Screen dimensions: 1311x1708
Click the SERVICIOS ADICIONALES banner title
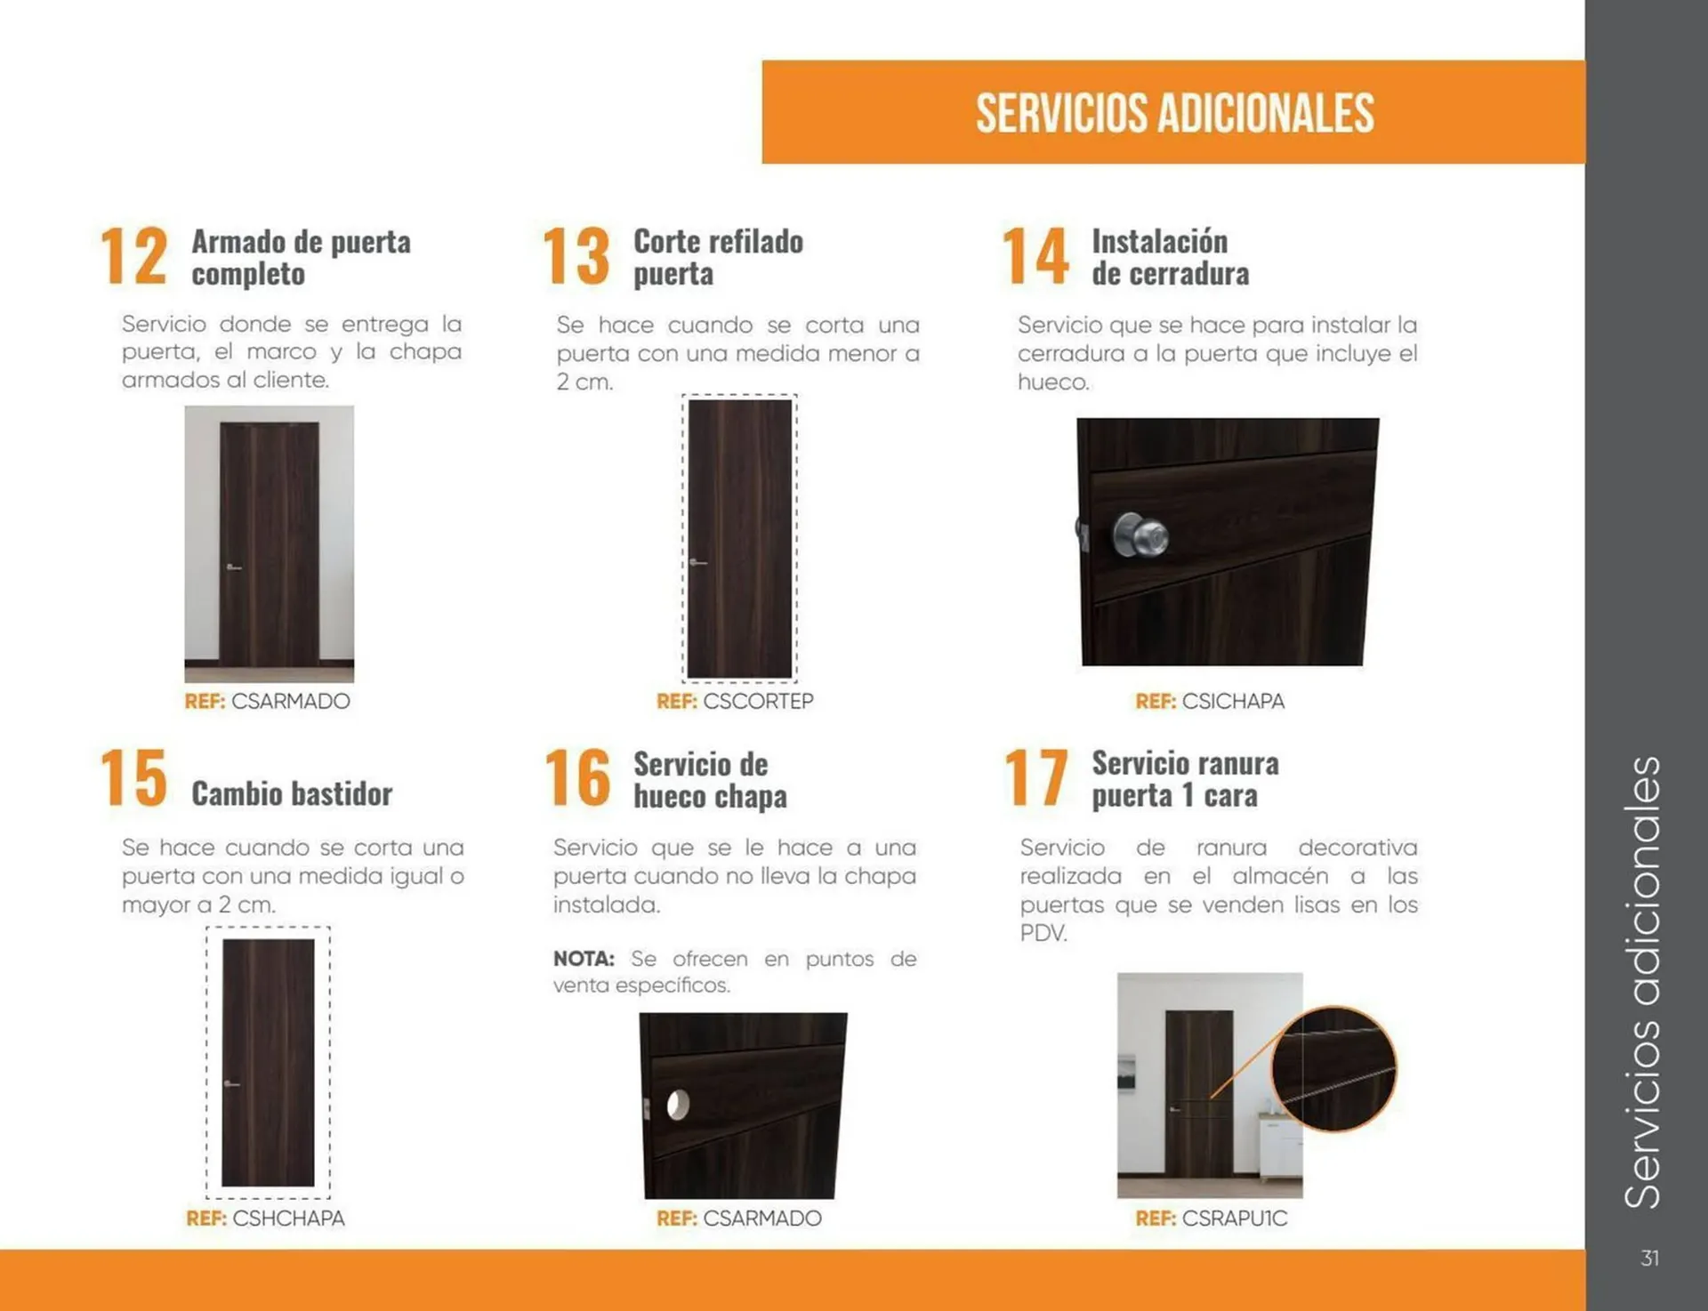[1174, 113]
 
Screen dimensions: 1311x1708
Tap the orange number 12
[133, 256]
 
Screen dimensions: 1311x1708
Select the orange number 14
[1035, 256]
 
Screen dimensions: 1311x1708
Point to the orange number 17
[1035, 777]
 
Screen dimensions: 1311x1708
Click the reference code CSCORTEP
[757, 702]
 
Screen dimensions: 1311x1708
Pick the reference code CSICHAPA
[1232, 702]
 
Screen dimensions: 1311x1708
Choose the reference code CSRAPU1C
[1234, 1219]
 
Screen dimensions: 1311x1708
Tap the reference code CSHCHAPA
[287, 1219]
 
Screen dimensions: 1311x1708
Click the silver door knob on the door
[1140, 535]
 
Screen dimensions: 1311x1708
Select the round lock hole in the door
[678, 1105]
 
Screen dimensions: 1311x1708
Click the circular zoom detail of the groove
[1333, 1068]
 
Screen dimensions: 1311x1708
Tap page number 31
[1649, 1259]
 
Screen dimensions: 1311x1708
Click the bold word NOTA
[584, 959]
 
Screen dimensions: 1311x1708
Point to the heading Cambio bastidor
[292, 793]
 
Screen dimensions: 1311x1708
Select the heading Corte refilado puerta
[717, 257]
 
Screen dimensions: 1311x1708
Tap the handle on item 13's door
[697, 562]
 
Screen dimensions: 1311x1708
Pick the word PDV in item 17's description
[1042, 933]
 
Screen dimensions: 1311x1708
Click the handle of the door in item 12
[233, 567]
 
